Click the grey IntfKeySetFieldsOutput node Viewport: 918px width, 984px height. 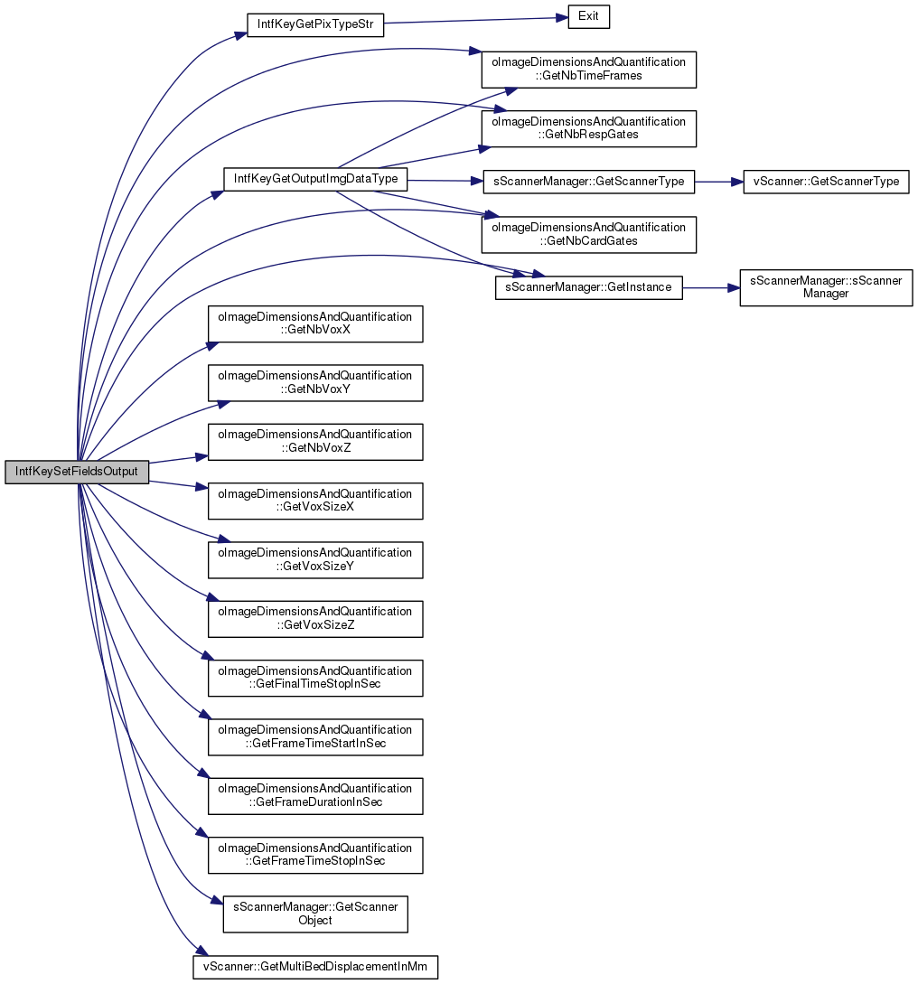pyautogui.click(x=77, y=472)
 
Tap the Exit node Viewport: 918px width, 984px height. pyautogui.click(x=588, y=16)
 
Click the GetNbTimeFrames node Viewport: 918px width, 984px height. pyautogui.click(x=588, y=70)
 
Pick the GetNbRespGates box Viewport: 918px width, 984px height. pyautogui.click(x=588, y=128)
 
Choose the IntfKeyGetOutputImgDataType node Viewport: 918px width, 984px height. pyautogui.click(x=315, y=179)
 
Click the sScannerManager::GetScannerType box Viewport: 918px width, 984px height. pyautogui.click(x=588, y=182)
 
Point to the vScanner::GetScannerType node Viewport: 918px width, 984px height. pyautogui.click(x=825, y=182)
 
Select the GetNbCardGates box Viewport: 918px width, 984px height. pyautogui.click(x=588, y=234)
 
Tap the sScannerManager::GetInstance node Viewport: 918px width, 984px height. pyautogui.click(x=588, y=287)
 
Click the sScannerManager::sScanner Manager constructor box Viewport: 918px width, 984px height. pyautogui.click(x=826, y=287)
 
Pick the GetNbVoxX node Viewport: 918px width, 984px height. pyautogui.click(x=315, y=323)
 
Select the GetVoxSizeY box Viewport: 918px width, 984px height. pyautogui.click(x=315, y=559)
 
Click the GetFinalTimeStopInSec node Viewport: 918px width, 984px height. pyautogui.click(x=315, y=678)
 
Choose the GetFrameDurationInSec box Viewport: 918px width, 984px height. pyautogui.click(x=315, y=796)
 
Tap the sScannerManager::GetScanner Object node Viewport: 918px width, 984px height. pyautogui.click(x=315, y=914)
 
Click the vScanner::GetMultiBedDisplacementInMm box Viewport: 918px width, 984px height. pyautogui.click(x=315, y=967)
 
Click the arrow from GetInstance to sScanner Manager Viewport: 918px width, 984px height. pyautogui.click(x=711, y=287)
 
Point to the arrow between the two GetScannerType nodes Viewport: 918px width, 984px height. pyautogui.click(x=718, y=182)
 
